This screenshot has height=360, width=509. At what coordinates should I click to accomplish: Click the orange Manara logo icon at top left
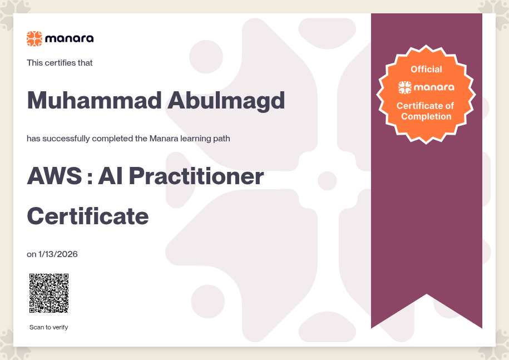point(34,38)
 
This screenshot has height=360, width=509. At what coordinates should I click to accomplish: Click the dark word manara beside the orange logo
point(70,39)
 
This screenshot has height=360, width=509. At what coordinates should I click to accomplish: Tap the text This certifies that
point(60,63)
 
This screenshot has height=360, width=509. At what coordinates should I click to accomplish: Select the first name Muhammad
point(94,100)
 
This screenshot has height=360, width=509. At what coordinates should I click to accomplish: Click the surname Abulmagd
point(226,101)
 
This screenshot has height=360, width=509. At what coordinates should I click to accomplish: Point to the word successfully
point(66,139)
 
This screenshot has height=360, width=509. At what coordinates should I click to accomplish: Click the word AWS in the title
point(55,176)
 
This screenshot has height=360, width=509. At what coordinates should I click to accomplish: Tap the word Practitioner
point(196,176)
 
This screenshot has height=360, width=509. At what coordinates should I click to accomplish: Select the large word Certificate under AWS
point(88,216)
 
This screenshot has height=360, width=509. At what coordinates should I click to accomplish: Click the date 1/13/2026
point(58,254)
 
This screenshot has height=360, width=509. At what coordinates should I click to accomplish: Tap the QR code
point(49,293)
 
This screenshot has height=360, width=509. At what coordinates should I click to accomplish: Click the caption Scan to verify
point(49,327)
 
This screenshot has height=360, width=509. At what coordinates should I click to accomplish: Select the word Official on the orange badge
point(426,69)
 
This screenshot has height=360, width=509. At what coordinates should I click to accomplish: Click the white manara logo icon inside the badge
point(405,87)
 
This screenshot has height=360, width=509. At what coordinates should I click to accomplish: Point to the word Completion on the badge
point(426,116)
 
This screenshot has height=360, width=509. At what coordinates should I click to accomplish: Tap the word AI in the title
point(110,176)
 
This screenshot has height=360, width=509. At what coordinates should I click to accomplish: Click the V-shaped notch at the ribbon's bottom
point(427,294)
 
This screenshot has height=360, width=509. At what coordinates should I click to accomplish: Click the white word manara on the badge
point(434,87)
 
